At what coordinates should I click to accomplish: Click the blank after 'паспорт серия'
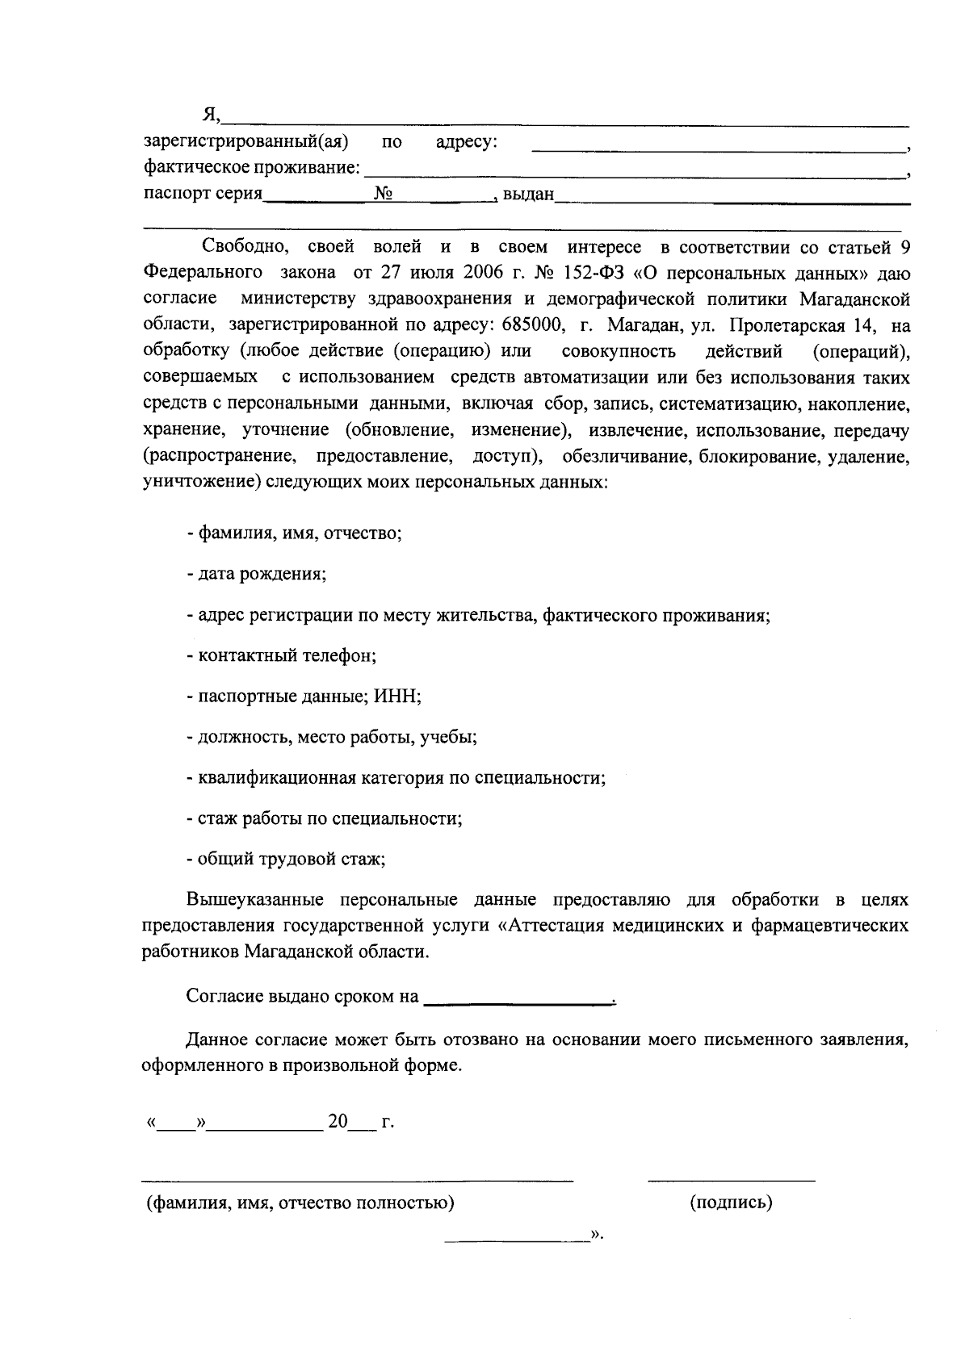pyautogui.click(x=317, y=198)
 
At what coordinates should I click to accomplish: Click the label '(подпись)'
pyautogui.click(x=731, y=1203)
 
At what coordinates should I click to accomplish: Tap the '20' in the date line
pyautogui.click(x=338, y=1122)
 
